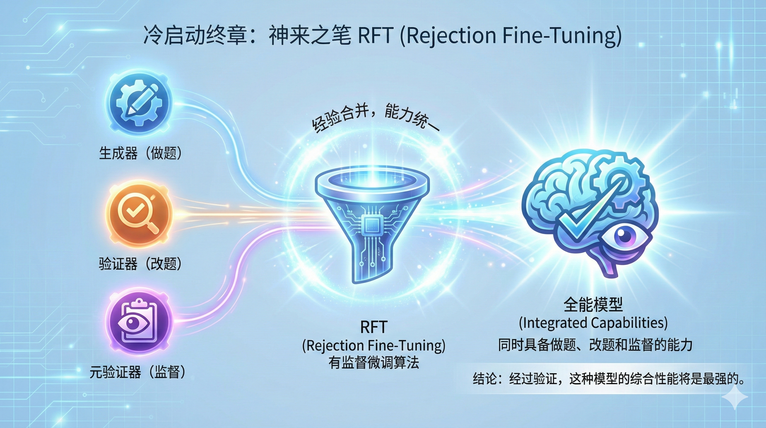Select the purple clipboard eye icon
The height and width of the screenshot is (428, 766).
click(139, 324)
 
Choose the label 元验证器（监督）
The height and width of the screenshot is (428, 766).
click(138, 372)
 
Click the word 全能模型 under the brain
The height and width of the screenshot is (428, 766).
click(593, 305)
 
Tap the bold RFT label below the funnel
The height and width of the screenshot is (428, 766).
click(374, 327)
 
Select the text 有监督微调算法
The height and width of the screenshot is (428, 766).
click(374, 363)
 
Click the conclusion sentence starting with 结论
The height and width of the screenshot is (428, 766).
click(608, 380)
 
